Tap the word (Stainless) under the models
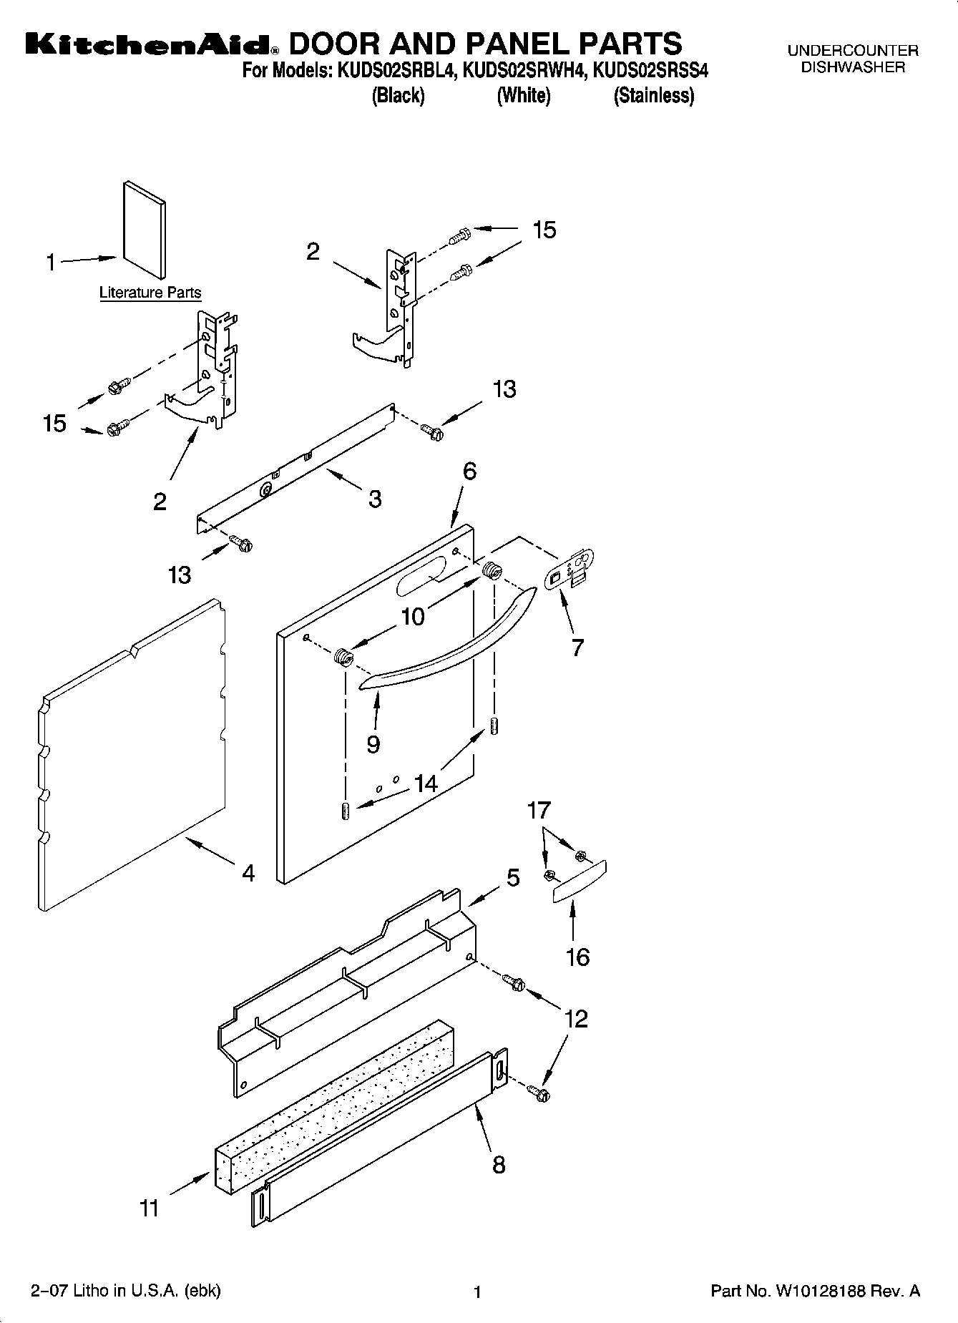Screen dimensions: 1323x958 pos(653,95)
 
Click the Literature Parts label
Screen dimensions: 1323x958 pos(150,293)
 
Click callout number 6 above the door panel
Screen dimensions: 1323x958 pos(469,471)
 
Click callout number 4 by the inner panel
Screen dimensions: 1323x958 pos(248,873)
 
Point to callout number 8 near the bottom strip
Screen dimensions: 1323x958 pos(499,1164)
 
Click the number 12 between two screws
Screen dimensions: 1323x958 pos(576,1018)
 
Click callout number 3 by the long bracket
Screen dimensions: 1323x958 pos(375,499)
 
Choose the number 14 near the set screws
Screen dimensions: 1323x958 pos(426,783)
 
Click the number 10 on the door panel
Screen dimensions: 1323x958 pos(413,616)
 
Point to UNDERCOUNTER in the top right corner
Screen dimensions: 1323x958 pos(852,51)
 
